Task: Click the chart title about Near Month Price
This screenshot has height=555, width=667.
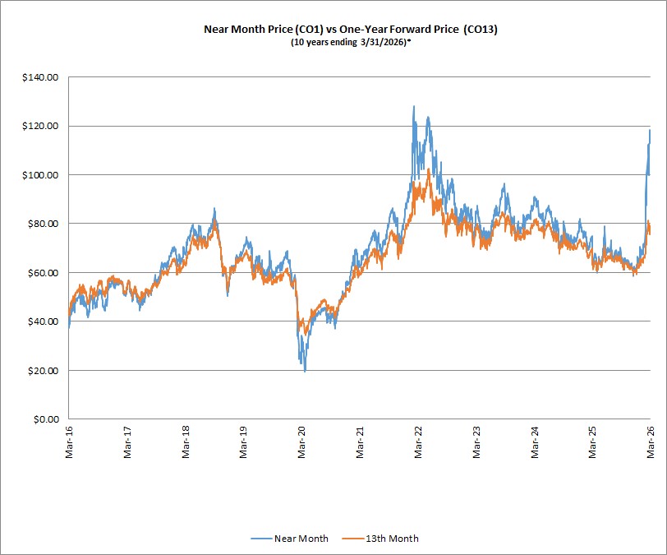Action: [351, 29]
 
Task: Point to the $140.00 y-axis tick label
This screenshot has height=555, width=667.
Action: [40, 77]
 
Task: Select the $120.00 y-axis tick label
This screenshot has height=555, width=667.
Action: [40, 126]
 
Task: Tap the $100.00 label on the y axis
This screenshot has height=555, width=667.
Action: [40, 175]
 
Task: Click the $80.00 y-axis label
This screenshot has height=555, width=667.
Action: [43, 224]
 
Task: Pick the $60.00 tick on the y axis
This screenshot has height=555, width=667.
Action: [43, 273]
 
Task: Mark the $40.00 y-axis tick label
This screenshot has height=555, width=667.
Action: [43, 321]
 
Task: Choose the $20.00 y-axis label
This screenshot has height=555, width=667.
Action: [43, 371]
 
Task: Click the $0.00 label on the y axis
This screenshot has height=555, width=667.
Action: [46, 419]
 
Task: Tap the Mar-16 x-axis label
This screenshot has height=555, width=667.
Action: [69, 442]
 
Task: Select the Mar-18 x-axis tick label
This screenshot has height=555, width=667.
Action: [186, 442]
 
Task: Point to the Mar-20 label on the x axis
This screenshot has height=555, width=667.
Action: [301, 442]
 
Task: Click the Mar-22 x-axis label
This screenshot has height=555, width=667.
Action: [418, 442]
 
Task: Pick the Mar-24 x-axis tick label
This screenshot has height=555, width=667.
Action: [534, 442]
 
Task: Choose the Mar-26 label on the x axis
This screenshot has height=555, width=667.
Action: [651, 442]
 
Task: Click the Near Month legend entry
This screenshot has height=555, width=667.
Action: [290, 539]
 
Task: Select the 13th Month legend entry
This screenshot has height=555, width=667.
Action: [380, 539]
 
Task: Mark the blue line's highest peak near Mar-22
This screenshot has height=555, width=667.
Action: [414, 106]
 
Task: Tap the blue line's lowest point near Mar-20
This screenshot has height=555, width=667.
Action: [305, 372]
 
